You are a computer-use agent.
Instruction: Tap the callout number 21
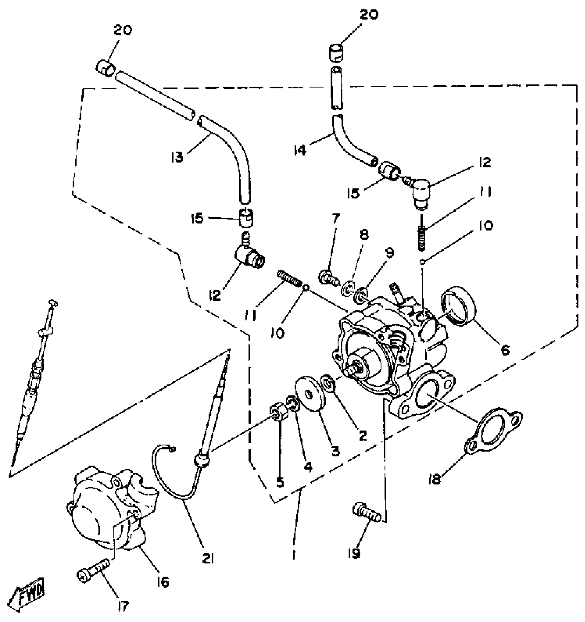pyautogui.click(x=208, y=559)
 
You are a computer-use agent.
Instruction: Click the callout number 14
pyautogui.click(x=300, y=150)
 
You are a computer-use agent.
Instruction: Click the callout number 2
pyautogui.click(x=363, y=436)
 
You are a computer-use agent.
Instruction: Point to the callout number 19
pyautogui.click(x=354, y=554)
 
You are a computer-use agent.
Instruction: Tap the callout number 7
pyautogui.click(x=336, y=218)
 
